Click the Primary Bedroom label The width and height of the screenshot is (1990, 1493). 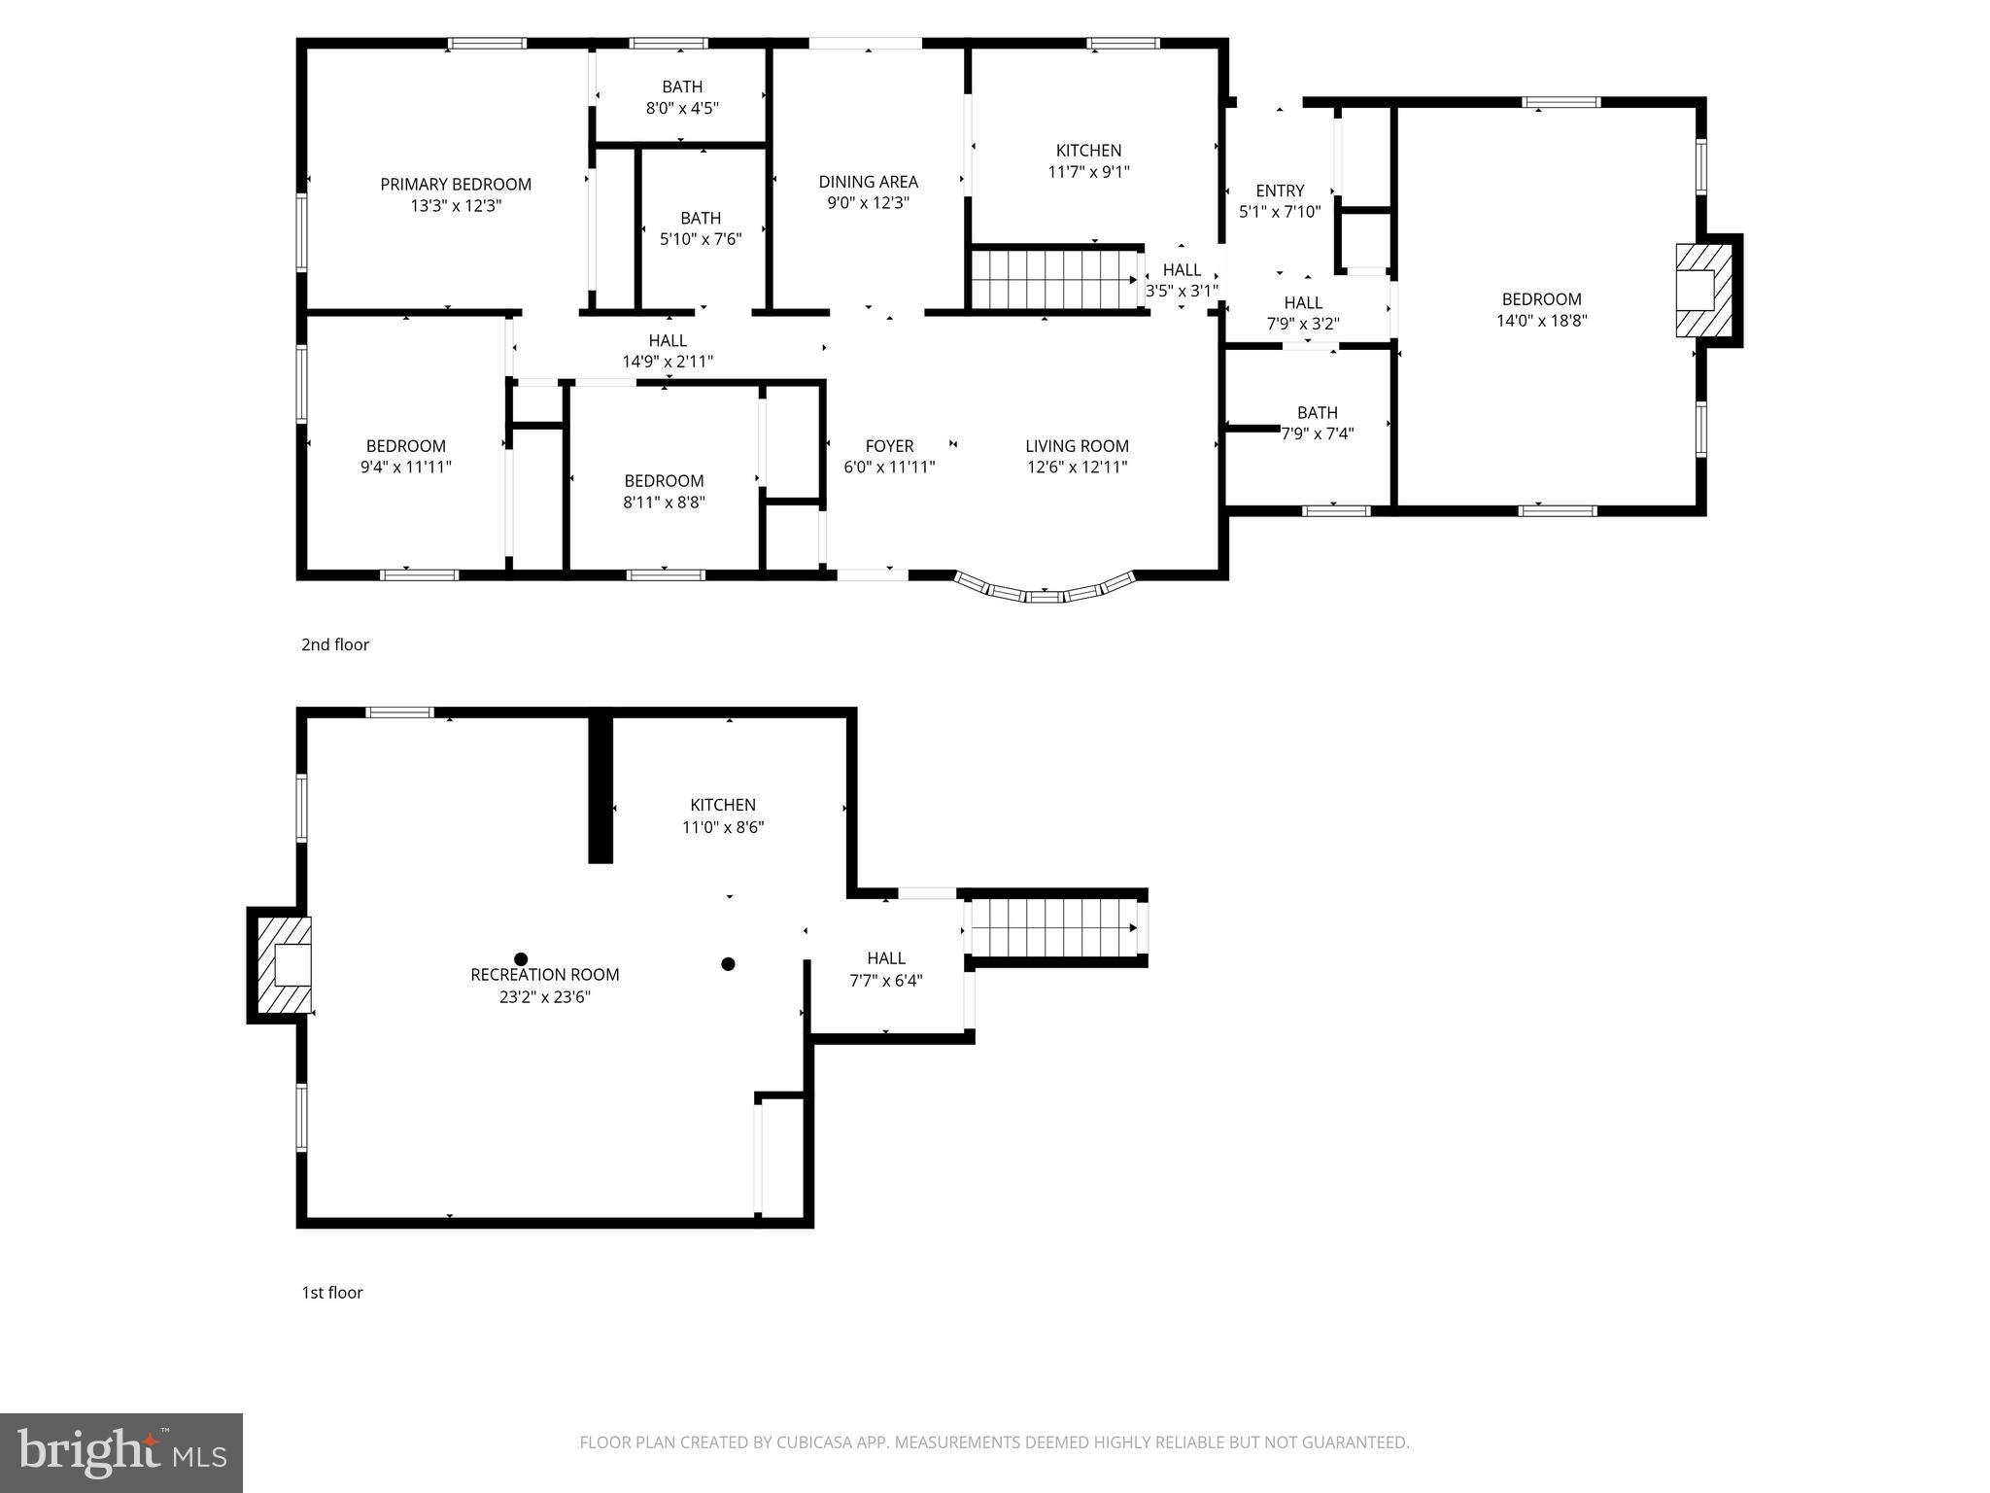tap(455, 184)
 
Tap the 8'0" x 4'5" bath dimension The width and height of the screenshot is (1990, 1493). tap(682, 108)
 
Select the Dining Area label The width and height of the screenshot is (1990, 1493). tap(868, 182)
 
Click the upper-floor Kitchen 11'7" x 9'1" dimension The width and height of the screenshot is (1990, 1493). tap(1088, 172)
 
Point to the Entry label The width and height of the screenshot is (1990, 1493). tap(1279, 191)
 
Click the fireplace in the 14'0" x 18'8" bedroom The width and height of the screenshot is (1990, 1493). tap(1702, 290)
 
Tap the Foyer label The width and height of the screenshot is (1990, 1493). tap(889, 446)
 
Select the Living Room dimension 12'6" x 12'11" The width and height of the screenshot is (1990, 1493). tap(1077, 467)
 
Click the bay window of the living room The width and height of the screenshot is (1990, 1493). tap(1045, 590)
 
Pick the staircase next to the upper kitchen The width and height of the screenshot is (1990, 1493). tap(1055, 279)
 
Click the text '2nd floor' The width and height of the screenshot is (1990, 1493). tap(335, 644)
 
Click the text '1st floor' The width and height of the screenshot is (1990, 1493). tap(331, 1293)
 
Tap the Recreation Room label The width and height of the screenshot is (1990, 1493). tap(544, 975)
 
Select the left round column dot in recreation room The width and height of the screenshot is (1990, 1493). tap(521, 959)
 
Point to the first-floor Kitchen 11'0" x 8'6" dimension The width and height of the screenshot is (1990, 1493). tap(723, 827)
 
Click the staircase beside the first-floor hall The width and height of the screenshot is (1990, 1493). tap(1053, 928)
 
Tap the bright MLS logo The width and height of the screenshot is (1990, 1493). tap(121, 1452)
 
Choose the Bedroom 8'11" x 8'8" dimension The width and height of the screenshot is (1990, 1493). tap(664, 503)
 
